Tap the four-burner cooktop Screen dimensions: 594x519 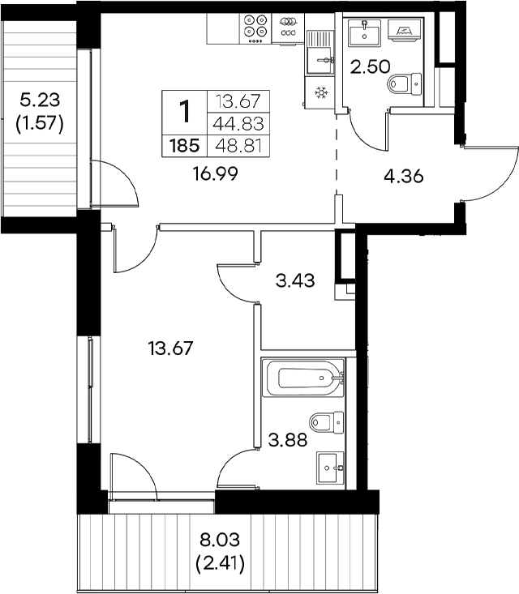point(257,28)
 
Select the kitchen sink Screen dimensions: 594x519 point(320,54)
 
